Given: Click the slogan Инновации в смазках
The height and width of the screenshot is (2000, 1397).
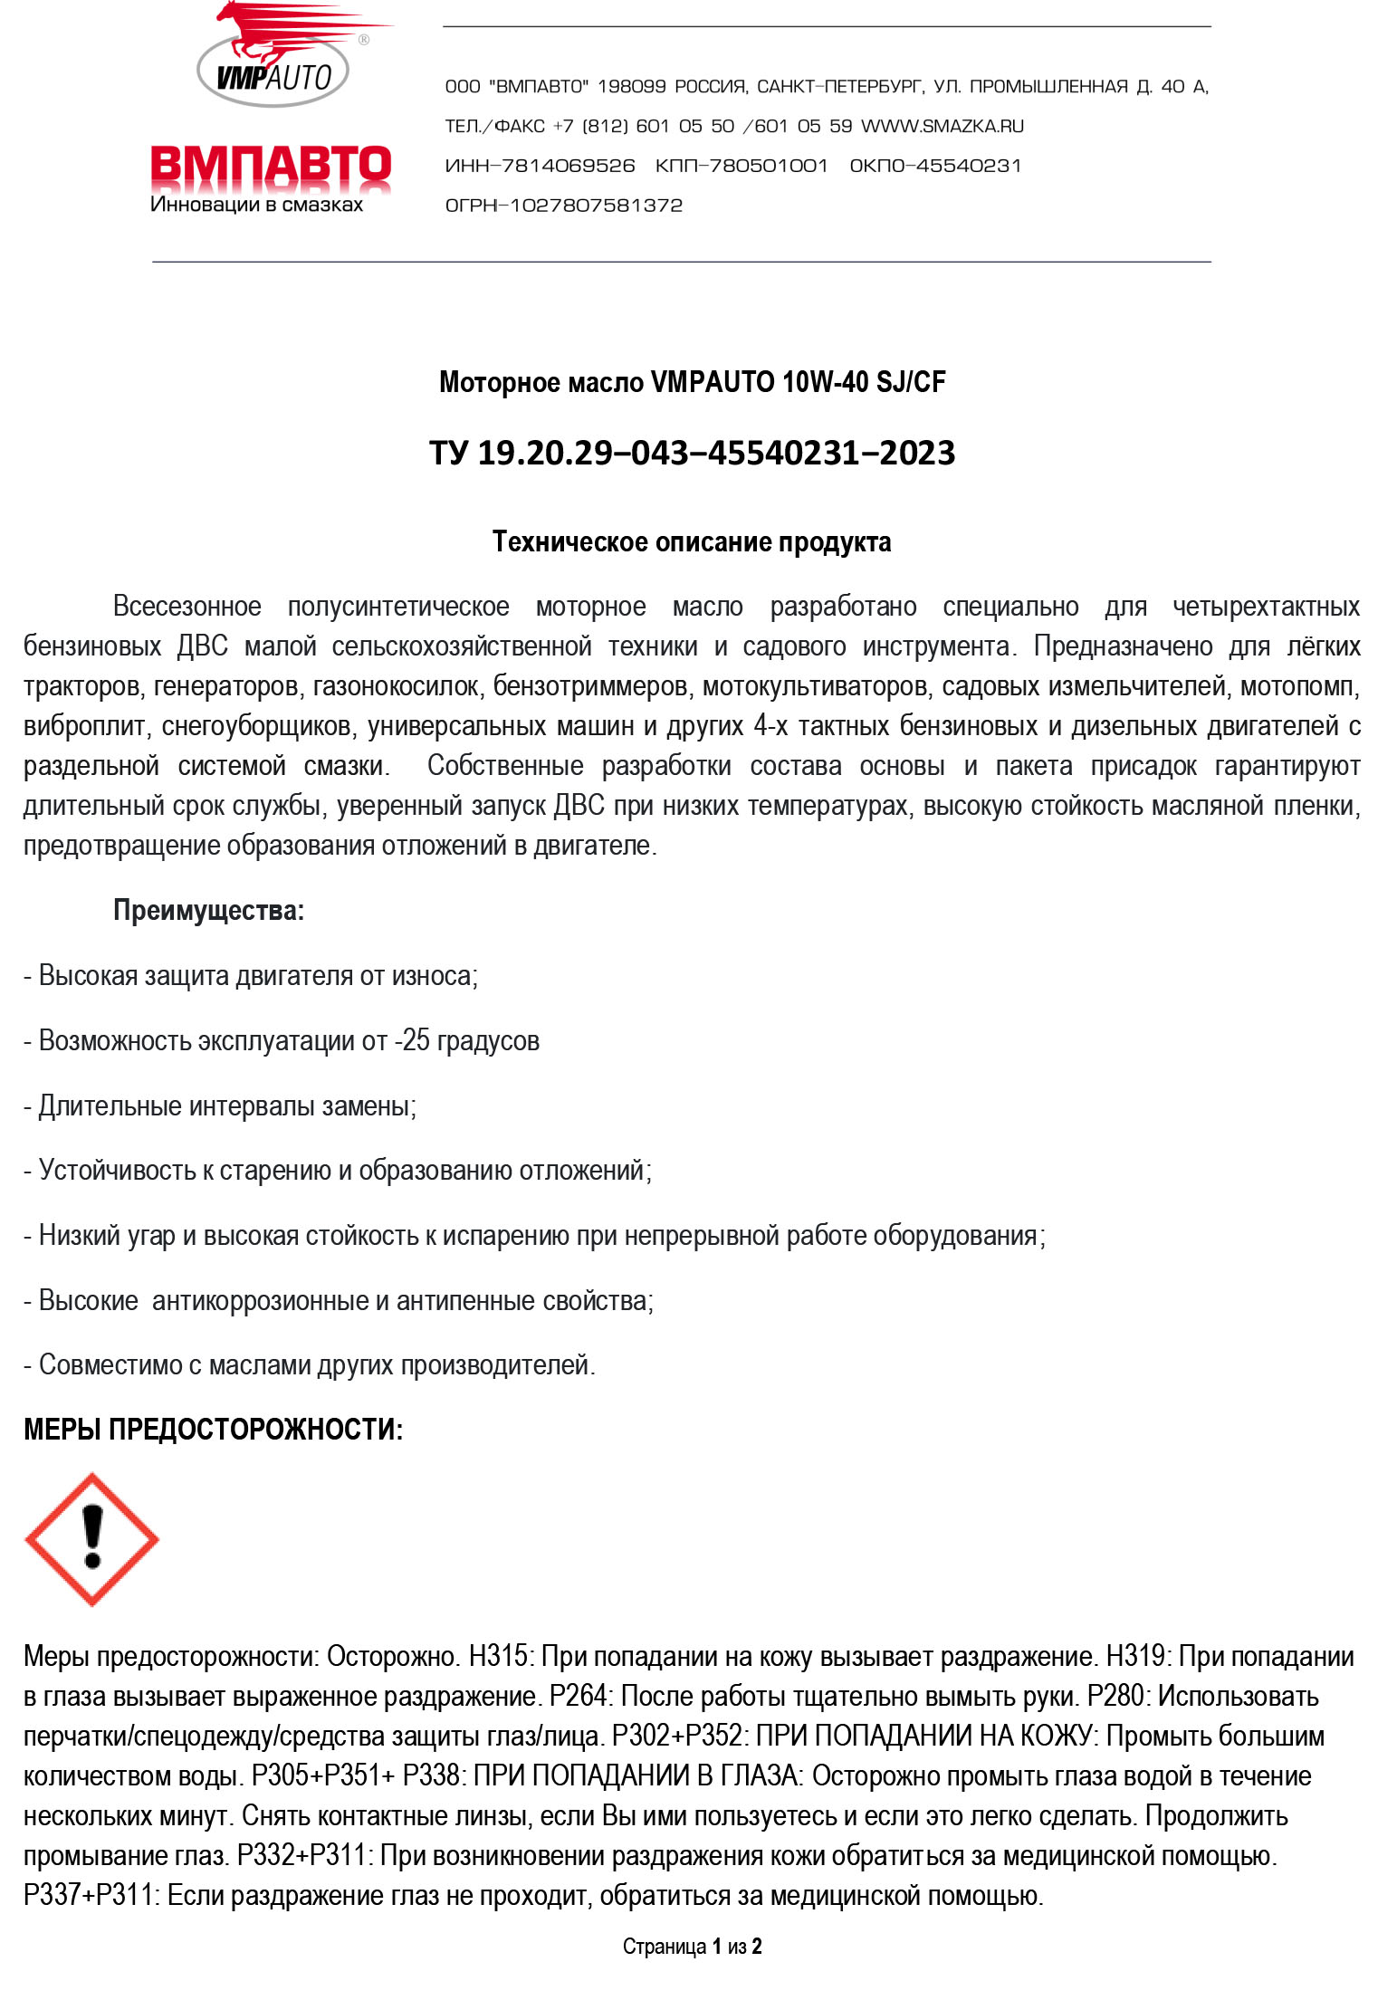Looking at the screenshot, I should coord(256,206).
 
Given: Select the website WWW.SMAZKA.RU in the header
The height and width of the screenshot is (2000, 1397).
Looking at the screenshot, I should coord(942,127).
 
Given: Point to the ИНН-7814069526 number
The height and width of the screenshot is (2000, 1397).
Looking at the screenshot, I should coord(540,167).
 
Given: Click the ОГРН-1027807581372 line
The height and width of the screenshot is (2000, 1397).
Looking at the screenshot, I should coord(563,206).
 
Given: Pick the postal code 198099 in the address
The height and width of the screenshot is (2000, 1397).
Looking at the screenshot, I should coord(631,87).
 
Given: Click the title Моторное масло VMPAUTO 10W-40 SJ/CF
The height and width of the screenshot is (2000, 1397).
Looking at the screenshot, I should coord(692,382).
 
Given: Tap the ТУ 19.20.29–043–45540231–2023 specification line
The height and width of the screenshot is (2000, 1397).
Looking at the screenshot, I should coord(692,453).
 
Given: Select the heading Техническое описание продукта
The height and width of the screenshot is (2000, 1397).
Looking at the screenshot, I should coord(692,542).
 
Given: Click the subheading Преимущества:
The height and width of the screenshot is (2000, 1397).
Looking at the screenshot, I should coord(208,911).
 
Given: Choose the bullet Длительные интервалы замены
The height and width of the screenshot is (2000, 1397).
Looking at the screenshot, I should coord(220,1106).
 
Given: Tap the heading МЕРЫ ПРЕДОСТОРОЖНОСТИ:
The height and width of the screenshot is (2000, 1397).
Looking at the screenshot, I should coord(213,1431).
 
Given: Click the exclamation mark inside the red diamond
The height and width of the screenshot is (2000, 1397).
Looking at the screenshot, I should coord(92,1537).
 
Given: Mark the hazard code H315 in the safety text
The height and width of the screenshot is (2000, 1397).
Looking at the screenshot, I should coord(498,1657).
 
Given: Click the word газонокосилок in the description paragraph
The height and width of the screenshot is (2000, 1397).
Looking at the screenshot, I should coord(395,687).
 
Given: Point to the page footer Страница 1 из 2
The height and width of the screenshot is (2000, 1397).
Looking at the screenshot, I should coord(692,1947).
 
